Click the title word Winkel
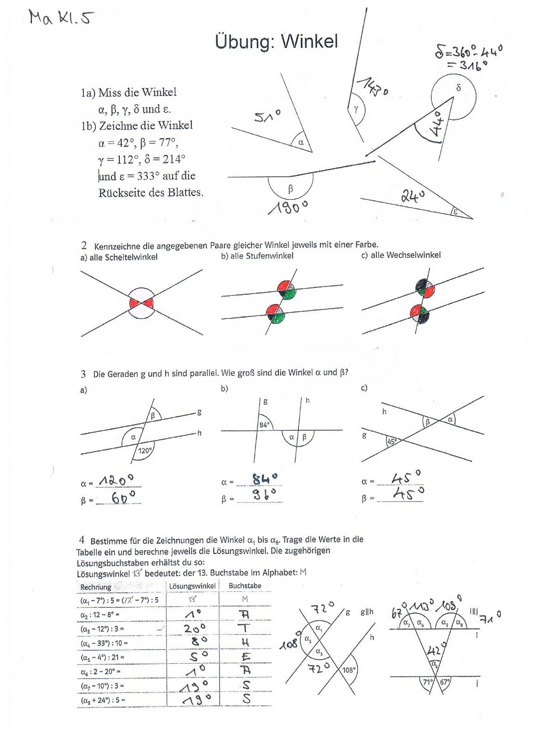[309, 42]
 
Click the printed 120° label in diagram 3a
[145, 451]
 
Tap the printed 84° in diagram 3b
[264, 424]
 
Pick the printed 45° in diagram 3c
[392, 441]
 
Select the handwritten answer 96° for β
[265, 495]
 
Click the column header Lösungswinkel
[192, 586]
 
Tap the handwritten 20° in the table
[195, 628]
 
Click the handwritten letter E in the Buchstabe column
[246, 656]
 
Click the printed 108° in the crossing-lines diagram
[349, 670]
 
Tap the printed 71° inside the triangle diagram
[428, 682]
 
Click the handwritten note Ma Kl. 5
[61, 18]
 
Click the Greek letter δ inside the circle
[458, 87]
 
